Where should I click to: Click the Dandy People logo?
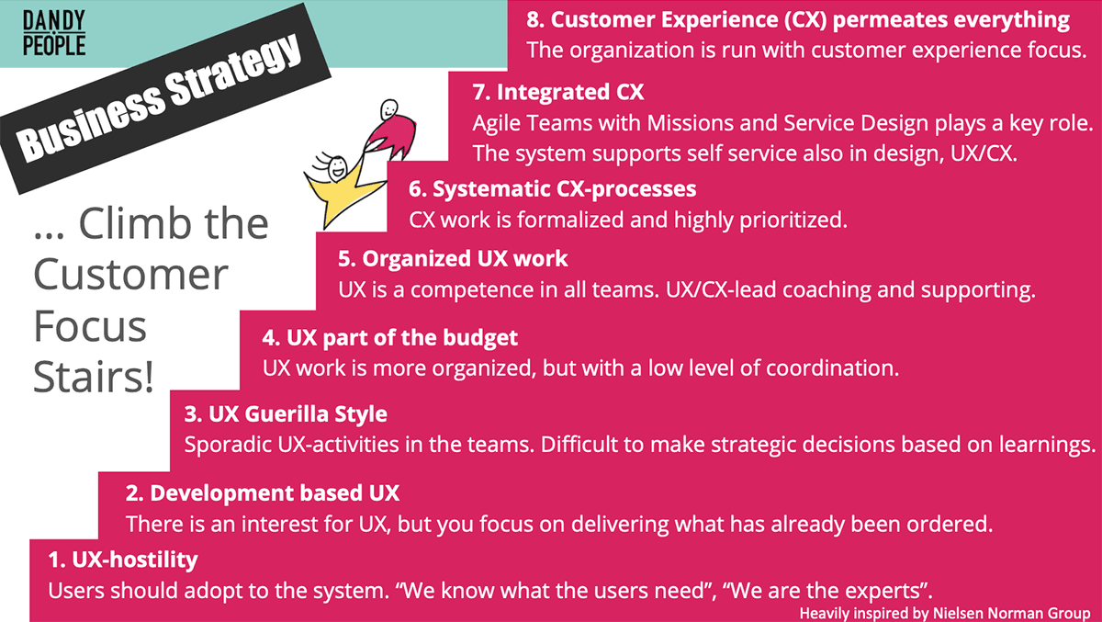pos(54,32)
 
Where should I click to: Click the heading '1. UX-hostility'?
pos(123,560)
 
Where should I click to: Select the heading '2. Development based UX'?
pos(263,493)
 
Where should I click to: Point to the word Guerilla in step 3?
pos(287,413)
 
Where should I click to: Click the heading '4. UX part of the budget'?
pos(389,338)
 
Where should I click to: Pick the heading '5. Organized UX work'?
pos(453,259)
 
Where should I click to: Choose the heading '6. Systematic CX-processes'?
pos(553,189)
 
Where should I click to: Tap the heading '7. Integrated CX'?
pos(558,92)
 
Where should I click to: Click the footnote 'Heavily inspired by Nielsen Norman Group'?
pos(945,613)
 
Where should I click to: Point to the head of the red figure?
pos(389,109)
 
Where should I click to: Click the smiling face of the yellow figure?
pos(338,167)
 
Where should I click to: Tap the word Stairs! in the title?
pos(94,377)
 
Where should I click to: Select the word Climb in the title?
pos(134,223)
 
